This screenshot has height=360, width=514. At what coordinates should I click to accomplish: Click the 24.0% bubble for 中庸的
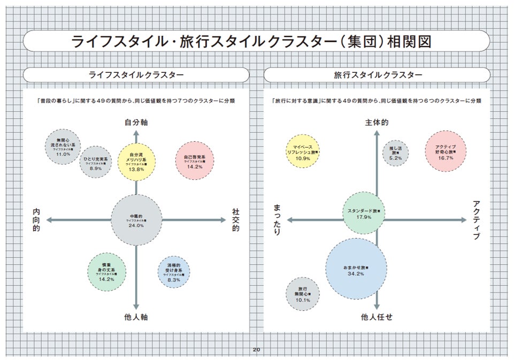coord(136,220)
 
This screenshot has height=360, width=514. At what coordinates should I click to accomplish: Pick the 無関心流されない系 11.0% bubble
coord(63,147)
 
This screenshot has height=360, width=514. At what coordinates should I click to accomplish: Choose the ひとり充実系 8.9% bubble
coord(96,162)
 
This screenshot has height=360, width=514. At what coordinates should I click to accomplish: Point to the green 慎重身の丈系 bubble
coord(106,272)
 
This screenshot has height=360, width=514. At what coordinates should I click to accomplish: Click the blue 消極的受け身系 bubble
coord(174,272)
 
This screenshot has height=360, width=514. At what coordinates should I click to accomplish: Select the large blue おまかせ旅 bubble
coord(356,269)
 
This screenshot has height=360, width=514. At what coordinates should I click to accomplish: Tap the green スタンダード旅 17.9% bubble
coord(364,212)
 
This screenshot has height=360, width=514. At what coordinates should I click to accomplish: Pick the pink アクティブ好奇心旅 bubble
coord(446,151)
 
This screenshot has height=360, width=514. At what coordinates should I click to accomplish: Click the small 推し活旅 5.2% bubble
coord(396,152)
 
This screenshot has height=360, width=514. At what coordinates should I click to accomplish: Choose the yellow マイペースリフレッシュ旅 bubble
coord(303,151)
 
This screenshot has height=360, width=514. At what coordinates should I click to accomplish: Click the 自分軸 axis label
coord(136,122)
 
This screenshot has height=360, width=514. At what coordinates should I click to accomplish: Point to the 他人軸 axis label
coord(136,317)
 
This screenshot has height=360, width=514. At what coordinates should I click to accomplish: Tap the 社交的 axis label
coord(235,220)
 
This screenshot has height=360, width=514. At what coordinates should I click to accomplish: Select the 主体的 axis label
coord(377,123)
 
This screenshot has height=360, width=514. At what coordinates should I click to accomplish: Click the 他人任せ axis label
coord(377,317)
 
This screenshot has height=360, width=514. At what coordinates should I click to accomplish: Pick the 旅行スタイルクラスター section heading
coord(378,75)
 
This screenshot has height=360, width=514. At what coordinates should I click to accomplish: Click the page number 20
coord(256,350)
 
